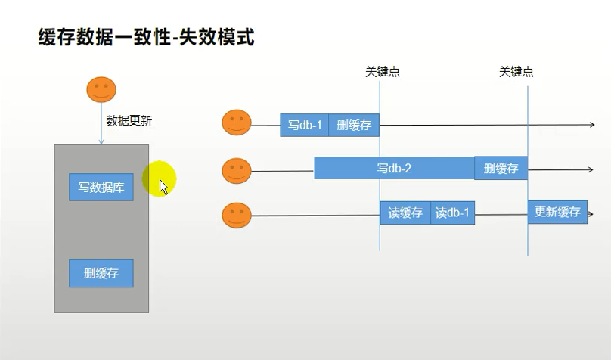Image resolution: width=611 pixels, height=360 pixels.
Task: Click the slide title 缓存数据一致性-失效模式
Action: click(146, 36)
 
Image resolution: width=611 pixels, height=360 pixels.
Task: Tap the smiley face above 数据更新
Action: click(101, 89)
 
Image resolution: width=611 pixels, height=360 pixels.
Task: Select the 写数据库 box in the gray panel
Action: click(101, 187)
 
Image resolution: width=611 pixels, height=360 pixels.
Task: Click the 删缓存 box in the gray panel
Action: click(101, 273)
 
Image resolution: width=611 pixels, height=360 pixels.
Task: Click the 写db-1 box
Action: click(304, 125)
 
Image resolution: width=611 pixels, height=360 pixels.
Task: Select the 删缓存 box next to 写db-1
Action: click(353, 125)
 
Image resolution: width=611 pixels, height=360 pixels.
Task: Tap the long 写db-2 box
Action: click(394, 168)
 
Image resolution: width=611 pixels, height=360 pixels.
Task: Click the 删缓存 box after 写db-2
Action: click(501, 168)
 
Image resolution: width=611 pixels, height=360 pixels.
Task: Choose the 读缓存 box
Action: click(405, 213)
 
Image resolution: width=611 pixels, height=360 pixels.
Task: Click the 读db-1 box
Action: click(452, 213)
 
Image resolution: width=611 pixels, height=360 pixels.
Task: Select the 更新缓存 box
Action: click(557, 212)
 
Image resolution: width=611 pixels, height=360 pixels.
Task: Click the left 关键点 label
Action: click(382, 72)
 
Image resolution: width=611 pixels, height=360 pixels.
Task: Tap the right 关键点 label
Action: click(516, 72)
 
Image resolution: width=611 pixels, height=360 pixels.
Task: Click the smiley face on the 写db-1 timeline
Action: click(237, 123)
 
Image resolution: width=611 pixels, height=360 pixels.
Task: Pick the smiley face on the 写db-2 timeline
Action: click(237, 170)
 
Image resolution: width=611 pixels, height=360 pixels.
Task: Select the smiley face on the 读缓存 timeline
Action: click(237, 215)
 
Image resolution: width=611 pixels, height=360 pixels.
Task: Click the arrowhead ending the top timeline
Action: click(592, 125)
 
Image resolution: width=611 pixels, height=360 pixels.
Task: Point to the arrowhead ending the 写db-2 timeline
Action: click(591, 169)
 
